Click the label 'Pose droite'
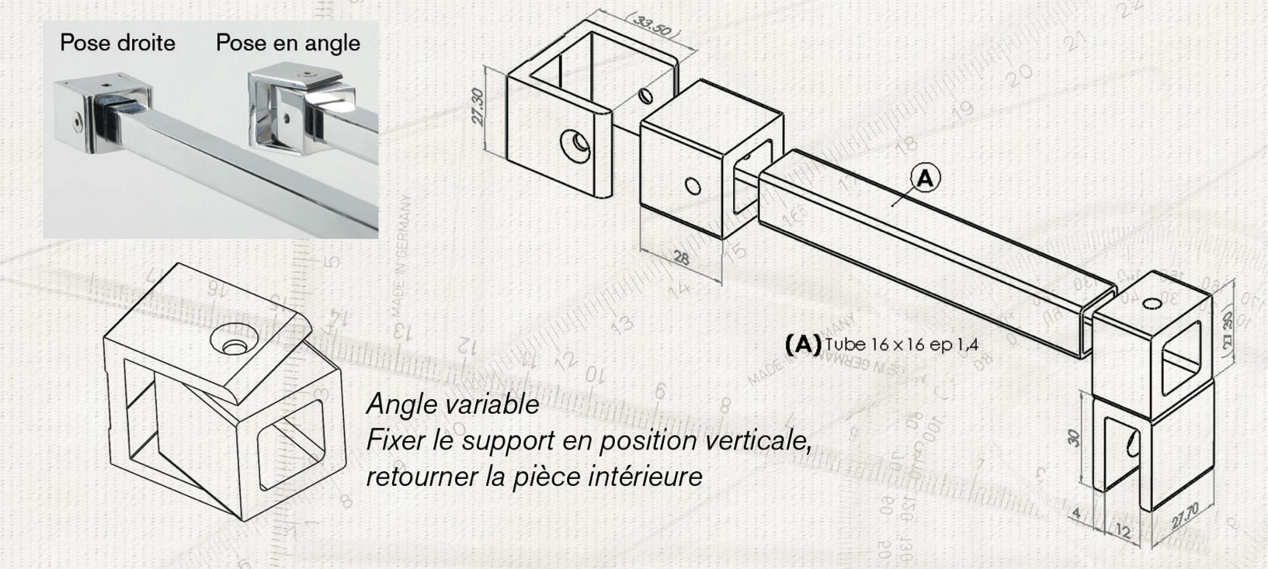(x=117, y=43)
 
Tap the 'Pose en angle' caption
(x=287, y=43)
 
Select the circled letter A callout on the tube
(x=924, y=179)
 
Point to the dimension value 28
(x=681, y=258)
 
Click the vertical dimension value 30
(x=1075, y=438)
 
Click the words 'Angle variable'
(x=453, y=404)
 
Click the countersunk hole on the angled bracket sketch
(x=232, y=345)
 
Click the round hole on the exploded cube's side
(x=693, y=186)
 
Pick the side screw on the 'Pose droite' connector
(x=76, y=122)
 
